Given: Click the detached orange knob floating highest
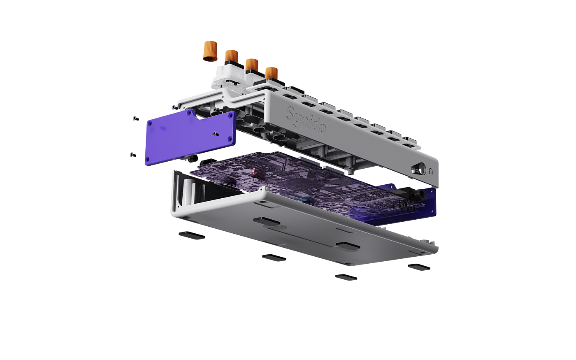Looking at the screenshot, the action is (x=210, y=51).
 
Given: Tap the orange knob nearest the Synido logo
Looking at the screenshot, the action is (x=272, y=73).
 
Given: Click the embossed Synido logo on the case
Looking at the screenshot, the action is (x=306, y=120).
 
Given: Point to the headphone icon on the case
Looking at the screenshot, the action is (x=431, y=172).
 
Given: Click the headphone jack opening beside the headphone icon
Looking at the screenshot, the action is (x=418, y=169).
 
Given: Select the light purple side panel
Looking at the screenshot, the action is (x=190, y=137).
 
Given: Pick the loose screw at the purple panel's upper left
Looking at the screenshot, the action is (x=136, y=118).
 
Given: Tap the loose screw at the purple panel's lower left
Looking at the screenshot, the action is (x=132, y=155).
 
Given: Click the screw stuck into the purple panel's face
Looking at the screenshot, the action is (x=216, y=134).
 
